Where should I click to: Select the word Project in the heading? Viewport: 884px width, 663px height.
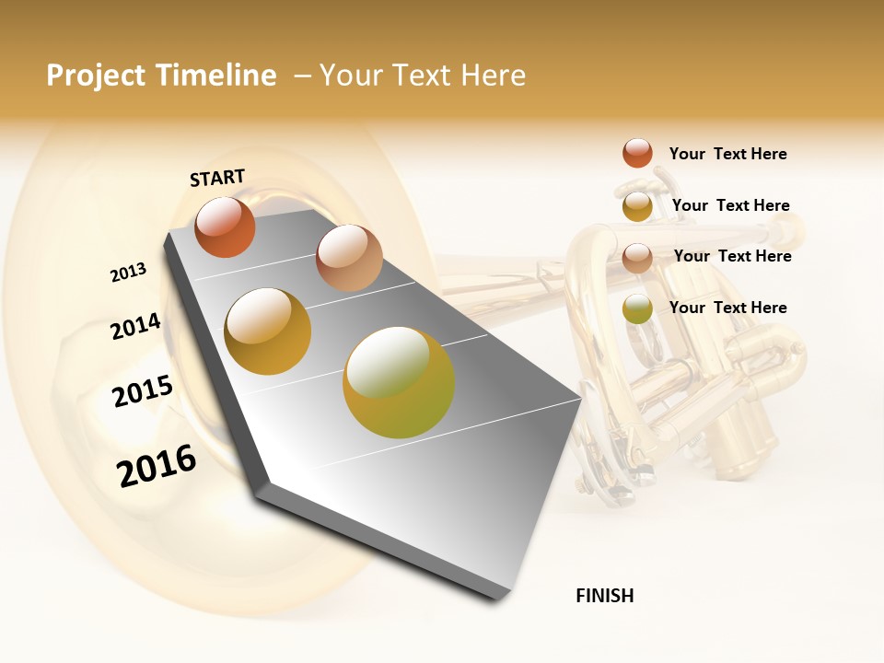click(x=96, y=76)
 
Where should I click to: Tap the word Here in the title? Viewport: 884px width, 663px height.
click(x=493, y=76)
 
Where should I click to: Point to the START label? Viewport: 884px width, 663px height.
click(x=217, y=178)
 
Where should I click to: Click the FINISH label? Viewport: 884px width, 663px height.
click(x=604, y=596)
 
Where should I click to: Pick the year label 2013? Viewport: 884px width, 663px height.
click(x=129, y=273)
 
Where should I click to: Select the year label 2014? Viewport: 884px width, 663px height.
click(x=135, y=326)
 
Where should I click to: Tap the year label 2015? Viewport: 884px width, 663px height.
click(x=143, y=391)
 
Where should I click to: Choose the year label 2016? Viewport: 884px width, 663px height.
click(x=157, y=466)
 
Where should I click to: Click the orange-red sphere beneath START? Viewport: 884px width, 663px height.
click(x=225, y=227)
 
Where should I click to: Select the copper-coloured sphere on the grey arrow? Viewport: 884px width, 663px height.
click(x=349, y=258)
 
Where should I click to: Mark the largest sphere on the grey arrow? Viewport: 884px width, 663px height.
click(x=399, y=382)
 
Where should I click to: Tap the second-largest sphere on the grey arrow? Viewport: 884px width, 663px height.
click(x=268, y=331)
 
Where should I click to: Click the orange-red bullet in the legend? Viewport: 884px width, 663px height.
click(x=637, y=153)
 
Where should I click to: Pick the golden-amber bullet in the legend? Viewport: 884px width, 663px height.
click(x=637, y=206)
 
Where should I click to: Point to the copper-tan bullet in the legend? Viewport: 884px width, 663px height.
click(x=637, y=258)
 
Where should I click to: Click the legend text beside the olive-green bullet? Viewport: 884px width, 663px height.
click(x=727, y=308)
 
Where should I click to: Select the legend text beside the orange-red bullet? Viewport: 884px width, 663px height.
click(x=727, y=154)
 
